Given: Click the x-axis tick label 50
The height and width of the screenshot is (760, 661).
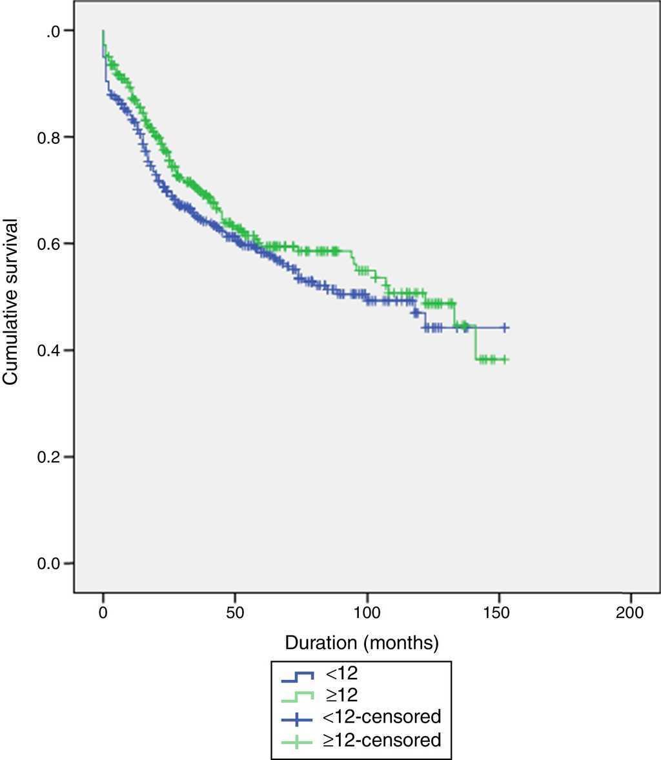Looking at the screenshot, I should tap(235, 612).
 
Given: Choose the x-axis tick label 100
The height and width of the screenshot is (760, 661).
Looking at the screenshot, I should tap(367, 612).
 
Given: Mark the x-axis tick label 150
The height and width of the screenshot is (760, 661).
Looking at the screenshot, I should tap(498, 612).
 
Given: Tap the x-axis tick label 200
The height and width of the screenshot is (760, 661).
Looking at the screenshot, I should tap(630, 612).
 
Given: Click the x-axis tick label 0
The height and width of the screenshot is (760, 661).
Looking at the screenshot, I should tap(103, 612).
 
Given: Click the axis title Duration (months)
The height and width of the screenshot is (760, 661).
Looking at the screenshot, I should tap(362, 642).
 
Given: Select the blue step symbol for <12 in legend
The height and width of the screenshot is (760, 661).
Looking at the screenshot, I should tap(298, 676).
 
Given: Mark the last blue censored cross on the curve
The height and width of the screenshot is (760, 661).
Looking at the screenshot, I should tap(505, 328).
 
